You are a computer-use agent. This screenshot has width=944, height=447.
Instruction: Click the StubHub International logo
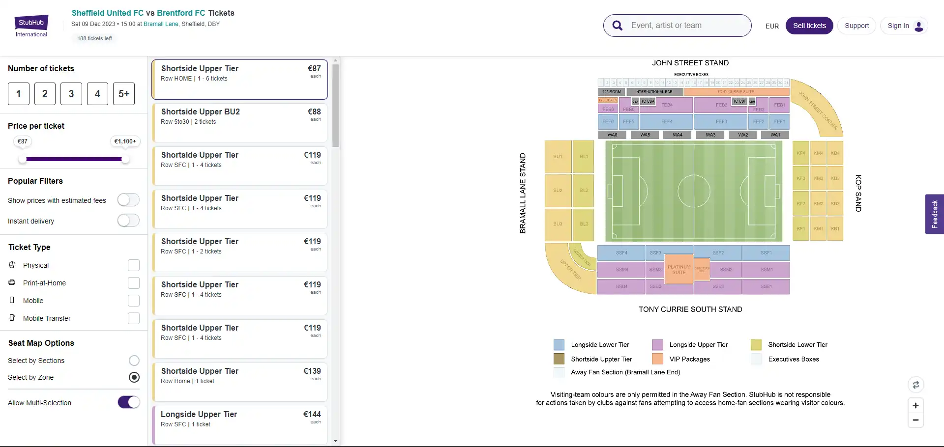[x=31, y=26]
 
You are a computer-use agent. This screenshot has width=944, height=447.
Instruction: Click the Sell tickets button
[x=809, y=26]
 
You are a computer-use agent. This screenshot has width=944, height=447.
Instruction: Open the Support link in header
[x=856, y=26]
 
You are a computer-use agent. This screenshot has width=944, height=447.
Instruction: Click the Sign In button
[x=904, y=26]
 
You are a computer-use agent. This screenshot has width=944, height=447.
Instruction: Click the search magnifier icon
[x=618, y=26]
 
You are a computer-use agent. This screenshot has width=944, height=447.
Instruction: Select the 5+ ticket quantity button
[x=124, y=94]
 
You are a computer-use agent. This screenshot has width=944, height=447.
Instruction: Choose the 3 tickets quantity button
[x=71, y=94]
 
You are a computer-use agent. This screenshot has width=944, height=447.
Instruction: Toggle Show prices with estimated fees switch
[x=128, y=200]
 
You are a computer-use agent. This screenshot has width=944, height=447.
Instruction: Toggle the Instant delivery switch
[x=128, y=221]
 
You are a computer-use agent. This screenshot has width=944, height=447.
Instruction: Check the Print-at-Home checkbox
[x=134, y=283]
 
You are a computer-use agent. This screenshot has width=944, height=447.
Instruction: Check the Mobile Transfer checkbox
[x=134, y=318]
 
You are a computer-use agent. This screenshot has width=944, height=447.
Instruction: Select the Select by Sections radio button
[x=134, y=361]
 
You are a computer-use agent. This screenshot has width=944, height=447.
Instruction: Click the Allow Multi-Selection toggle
[x=129, y=402]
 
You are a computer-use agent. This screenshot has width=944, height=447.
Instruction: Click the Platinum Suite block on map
[x=678, y=269]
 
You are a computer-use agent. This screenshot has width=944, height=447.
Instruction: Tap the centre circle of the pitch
[x=694, y=191]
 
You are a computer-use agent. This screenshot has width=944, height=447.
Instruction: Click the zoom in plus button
[x=915, y=406]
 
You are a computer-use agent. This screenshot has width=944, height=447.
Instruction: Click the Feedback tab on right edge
[x=934, y=214]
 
